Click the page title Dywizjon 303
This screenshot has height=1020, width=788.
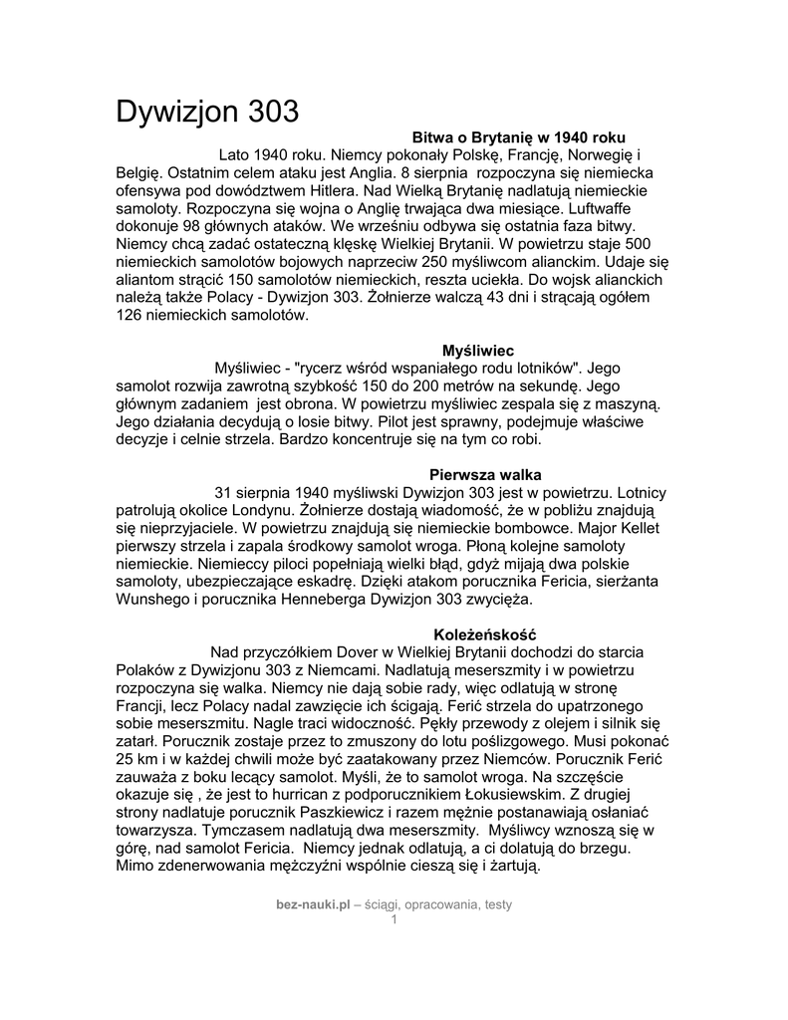tap(207, 112)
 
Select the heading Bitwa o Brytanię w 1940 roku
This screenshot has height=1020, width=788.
tap(519, 136)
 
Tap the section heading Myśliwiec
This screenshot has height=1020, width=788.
tap(477, 351)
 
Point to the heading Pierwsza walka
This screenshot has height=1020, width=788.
tap(485, 474)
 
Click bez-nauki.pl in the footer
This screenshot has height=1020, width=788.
tap(314, 903)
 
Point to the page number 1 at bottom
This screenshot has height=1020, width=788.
tap(394, 918)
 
